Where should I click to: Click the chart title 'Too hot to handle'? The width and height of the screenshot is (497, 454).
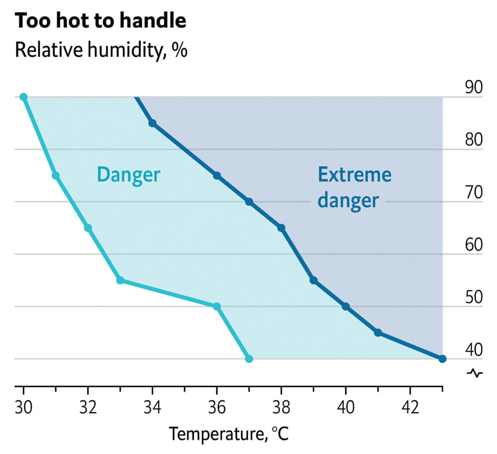tap(101, 21)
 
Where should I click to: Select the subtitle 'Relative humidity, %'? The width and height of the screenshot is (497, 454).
tap(101, 50)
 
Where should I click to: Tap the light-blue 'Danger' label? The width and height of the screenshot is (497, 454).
tap(128, 175)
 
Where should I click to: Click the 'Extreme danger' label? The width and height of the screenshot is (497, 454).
tap(354, 188)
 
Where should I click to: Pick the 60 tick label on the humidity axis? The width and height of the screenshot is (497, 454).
tap(474, 245)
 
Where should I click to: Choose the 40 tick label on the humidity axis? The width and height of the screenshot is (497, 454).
tap(474, 350)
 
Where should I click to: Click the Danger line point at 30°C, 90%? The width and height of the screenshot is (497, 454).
tap(23, 97)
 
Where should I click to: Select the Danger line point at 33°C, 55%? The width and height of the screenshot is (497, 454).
tap(120, 280)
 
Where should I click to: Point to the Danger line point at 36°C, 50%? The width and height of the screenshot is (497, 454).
tap(217, 306)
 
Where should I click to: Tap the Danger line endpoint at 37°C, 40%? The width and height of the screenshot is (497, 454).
tap(249, 359)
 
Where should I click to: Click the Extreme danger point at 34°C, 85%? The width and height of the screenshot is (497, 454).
tap(152, 123)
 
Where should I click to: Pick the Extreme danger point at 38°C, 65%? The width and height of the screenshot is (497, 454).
tap(281, 228)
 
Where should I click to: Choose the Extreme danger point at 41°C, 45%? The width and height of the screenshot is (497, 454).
tap(378, 333)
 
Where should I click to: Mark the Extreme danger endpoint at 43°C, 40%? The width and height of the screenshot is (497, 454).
tap(442, 359)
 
